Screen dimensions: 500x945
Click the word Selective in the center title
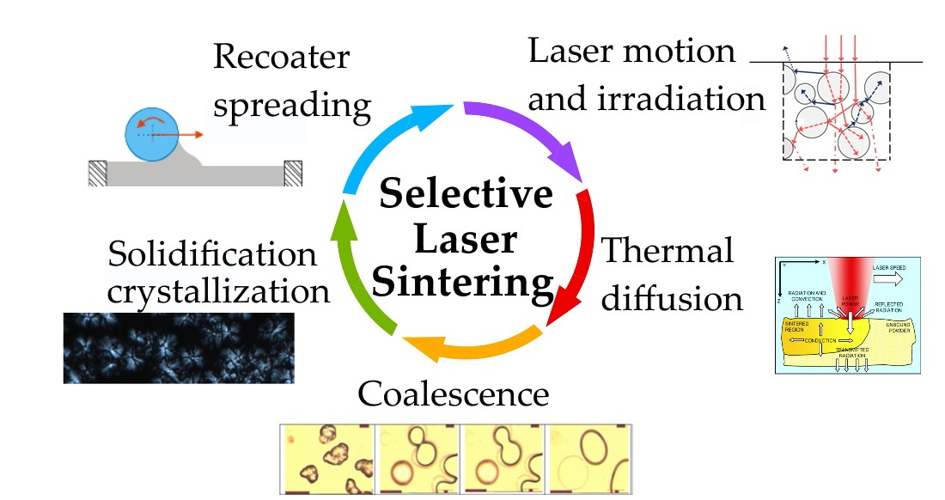click(466, 195)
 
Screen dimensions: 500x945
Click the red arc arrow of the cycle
click(574, 258)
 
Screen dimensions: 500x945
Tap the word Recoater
click(281, 58)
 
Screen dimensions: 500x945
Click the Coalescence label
click(453, 394)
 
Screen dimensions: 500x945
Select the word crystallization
click(219, 291)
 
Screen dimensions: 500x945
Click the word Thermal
click(668, 252)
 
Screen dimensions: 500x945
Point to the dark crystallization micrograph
click(179, 348)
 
